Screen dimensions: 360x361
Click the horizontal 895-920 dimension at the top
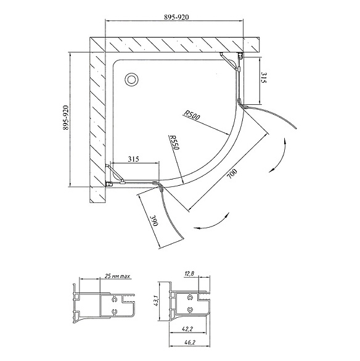[176, 17]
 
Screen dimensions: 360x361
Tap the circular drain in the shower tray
[131, 80]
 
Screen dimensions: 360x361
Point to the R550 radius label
[174, 143]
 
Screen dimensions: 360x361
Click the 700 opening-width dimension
[232, 174]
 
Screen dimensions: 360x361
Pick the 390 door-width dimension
[154, 222]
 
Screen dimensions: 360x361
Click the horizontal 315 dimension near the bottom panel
[133, 159]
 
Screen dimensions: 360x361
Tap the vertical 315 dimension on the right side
[264, 78]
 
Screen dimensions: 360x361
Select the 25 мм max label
[117, 276]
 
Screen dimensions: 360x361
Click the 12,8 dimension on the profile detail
[189, 273]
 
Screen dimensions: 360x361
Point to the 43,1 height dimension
[155, 301]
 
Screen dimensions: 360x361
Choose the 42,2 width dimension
[188, 330]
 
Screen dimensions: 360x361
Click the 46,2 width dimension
[188, 343]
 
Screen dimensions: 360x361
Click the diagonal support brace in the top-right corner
[229, 61]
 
